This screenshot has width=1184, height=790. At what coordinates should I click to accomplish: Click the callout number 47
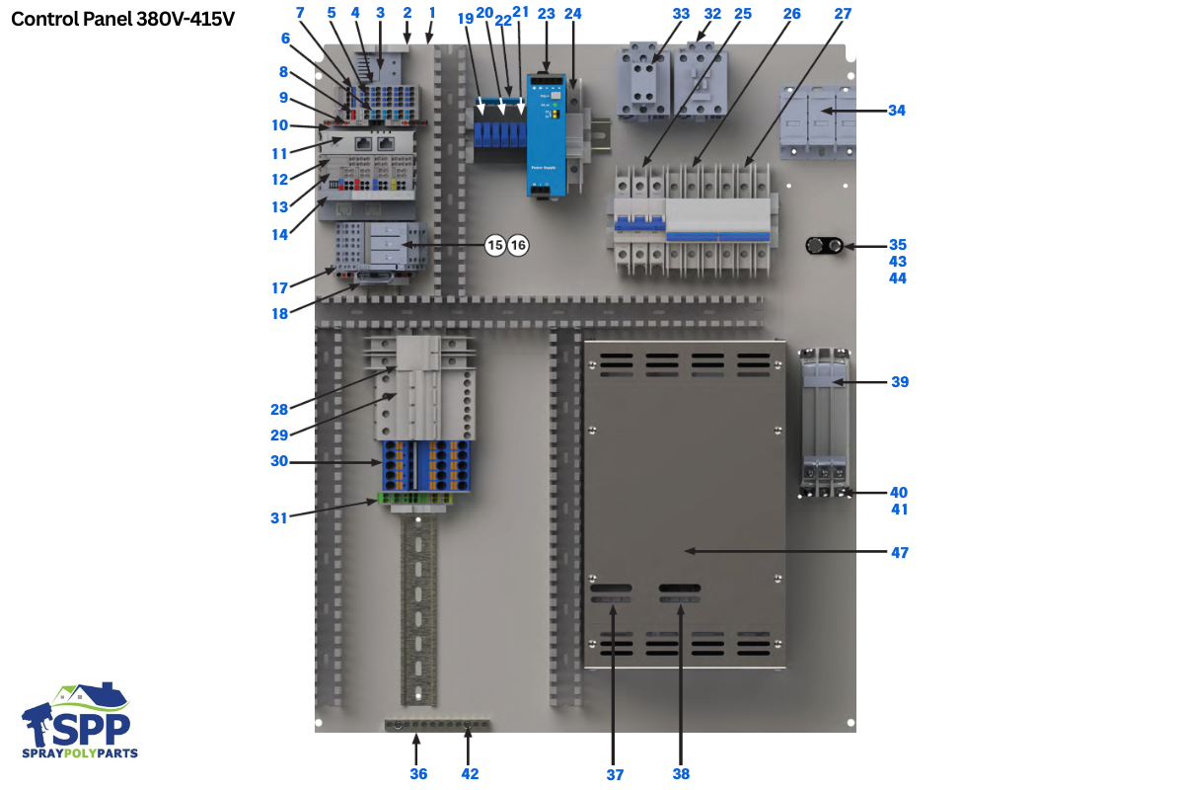coord(898,553)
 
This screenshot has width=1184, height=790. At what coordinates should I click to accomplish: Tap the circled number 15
coord(495,245)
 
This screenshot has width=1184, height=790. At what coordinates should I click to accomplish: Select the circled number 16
coord(519,245)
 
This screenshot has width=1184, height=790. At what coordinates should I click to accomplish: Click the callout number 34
coord(896,111)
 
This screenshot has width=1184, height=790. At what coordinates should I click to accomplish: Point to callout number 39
coord(899,382)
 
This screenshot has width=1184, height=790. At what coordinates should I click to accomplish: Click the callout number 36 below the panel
coord(418,774)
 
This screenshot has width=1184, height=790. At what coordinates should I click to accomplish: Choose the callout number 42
coord(470,774)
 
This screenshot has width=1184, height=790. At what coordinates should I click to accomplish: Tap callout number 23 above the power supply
coord(546,14)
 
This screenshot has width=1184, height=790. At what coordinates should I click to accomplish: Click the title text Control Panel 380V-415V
coord(122,19)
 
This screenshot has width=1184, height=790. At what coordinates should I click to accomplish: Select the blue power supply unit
coord(544,133)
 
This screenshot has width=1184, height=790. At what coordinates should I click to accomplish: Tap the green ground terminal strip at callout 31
coord(415,500)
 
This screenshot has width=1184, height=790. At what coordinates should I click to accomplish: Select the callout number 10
coord(279,125)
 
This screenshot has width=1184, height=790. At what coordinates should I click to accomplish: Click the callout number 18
coord(279,314)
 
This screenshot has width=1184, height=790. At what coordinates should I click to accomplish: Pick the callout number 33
coord(681,14)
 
